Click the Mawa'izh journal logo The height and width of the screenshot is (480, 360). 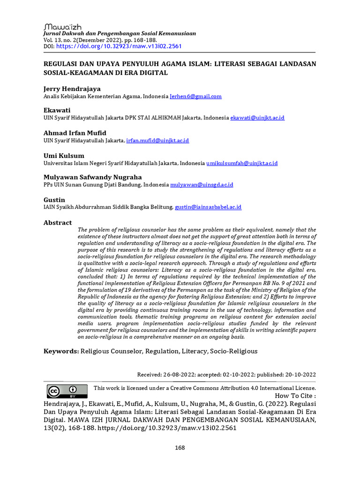[x=62, y=27]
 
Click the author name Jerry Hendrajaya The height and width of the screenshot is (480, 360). [x=72, y=89]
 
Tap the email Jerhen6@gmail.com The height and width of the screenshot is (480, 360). [x=195, y=96]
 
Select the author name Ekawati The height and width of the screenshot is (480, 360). [x=57, y=110]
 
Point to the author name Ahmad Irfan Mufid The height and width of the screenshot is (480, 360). [x=75, y=133]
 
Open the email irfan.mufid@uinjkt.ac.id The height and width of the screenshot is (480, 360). [x=157, y=141]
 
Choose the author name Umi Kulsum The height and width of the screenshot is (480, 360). [x=64, y=155]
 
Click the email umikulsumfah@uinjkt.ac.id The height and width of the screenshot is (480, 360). [x=242, y=163]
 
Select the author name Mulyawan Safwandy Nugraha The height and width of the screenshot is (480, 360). [x=92, y=177]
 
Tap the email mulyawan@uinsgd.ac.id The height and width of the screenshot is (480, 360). [x=202, y=185]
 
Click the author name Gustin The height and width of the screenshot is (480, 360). [x=54, y=200]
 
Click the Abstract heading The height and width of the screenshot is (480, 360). [x=58, y=223]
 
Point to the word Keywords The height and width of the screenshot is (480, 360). [x=61, y=351]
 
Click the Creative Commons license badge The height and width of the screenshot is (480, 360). [x=67, y=391]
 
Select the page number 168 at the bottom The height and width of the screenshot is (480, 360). [x=180, y=448]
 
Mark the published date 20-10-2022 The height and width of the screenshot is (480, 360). [x=300, y=375]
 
